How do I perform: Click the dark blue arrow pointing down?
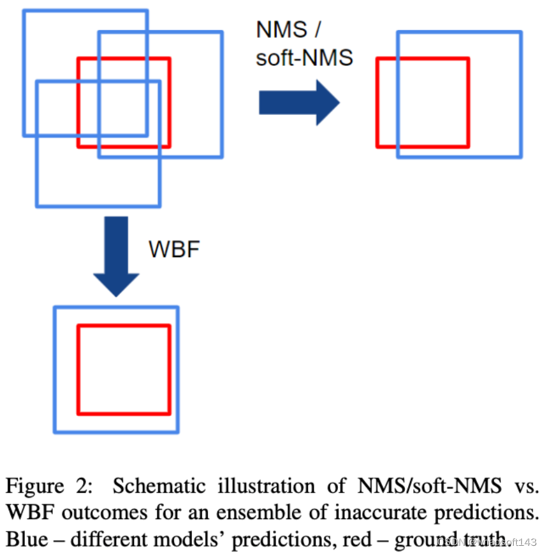point(116,255)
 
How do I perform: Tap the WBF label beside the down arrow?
point(173,248)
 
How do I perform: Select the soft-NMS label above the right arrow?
point(304,57)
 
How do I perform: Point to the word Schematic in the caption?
point(150,486)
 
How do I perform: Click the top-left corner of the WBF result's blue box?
point(55,307)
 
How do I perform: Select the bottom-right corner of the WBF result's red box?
point(170,413)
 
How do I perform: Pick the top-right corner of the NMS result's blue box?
point(521,32)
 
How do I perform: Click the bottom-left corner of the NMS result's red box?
point(378,147)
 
